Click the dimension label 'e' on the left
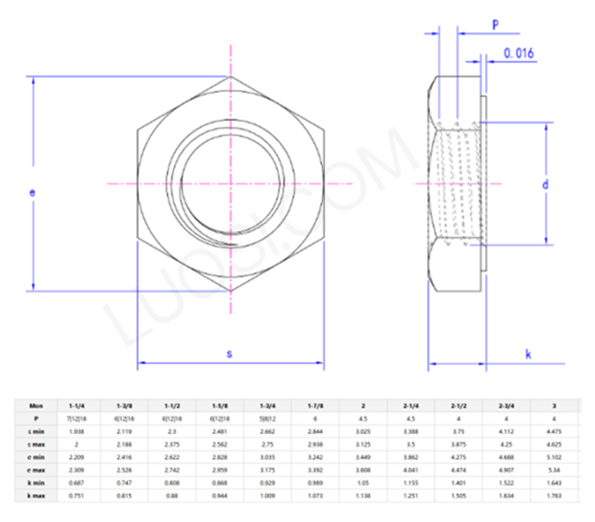(32, 193)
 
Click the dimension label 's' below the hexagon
(229, 355)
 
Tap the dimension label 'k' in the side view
(528, 355)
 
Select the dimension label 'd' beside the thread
(545, 184)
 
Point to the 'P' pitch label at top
(495, 25)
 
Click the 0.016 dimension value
(518, 53)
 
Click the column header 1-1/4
(77, 406)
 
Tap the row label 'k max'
(34, 494)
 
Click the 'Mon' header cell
(34, 406)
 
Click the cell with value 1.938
(77, 431)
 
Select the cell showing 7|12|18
(77, 419)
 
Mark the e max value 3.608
(363, 469)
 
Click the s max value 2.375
(172, 444)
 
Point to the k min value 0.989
(315, 482)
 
